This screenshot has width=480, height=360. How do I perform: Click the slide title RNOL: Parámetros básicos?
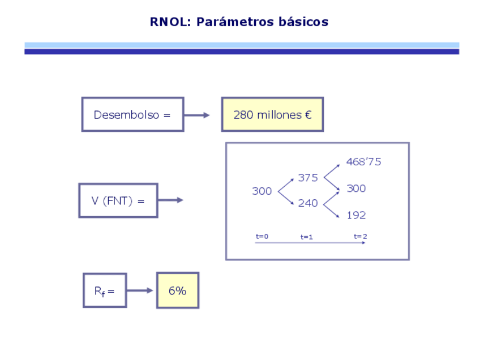(239, 22)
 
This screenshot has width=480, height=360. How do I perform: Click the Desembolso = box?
(132, 114)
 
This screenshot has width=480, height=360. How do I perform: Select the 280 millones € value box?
(272, 114)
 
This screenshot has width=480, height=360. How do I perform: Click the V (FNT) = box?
(118, 200)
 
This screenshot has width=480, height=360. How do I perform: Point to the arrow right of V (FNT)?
(170, 200)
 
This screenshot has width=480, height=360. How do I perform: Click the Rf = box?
(105, 290)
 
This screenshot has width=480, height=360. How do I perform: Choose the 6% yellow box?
(178, 290)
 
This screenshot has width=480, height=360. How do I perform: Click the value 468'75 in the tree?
(363, 162)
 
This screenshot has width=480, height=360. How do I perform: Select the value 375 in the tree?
(308, 178)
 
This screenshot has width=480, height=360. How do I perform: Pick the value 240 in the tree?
(308, 203)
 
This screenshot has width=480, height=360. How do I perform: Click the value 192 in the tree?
(356, 215)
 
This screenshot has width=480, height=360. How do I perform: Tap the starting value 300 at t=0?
(262, 191)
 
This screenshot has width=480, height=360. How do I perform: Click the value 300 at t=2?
(356, 188)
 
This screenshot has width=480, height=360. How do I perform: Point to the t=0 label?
(262, 237)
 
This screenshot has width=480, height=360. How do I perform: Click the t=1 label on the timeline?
(306, 237)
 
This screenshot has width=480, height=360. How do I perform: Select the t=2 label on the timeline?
(361, 237)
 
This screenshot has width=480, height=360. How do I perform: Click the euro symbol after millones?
(308, 115)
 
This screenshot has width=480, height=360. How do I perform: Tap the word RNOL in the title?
(170, 22)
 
